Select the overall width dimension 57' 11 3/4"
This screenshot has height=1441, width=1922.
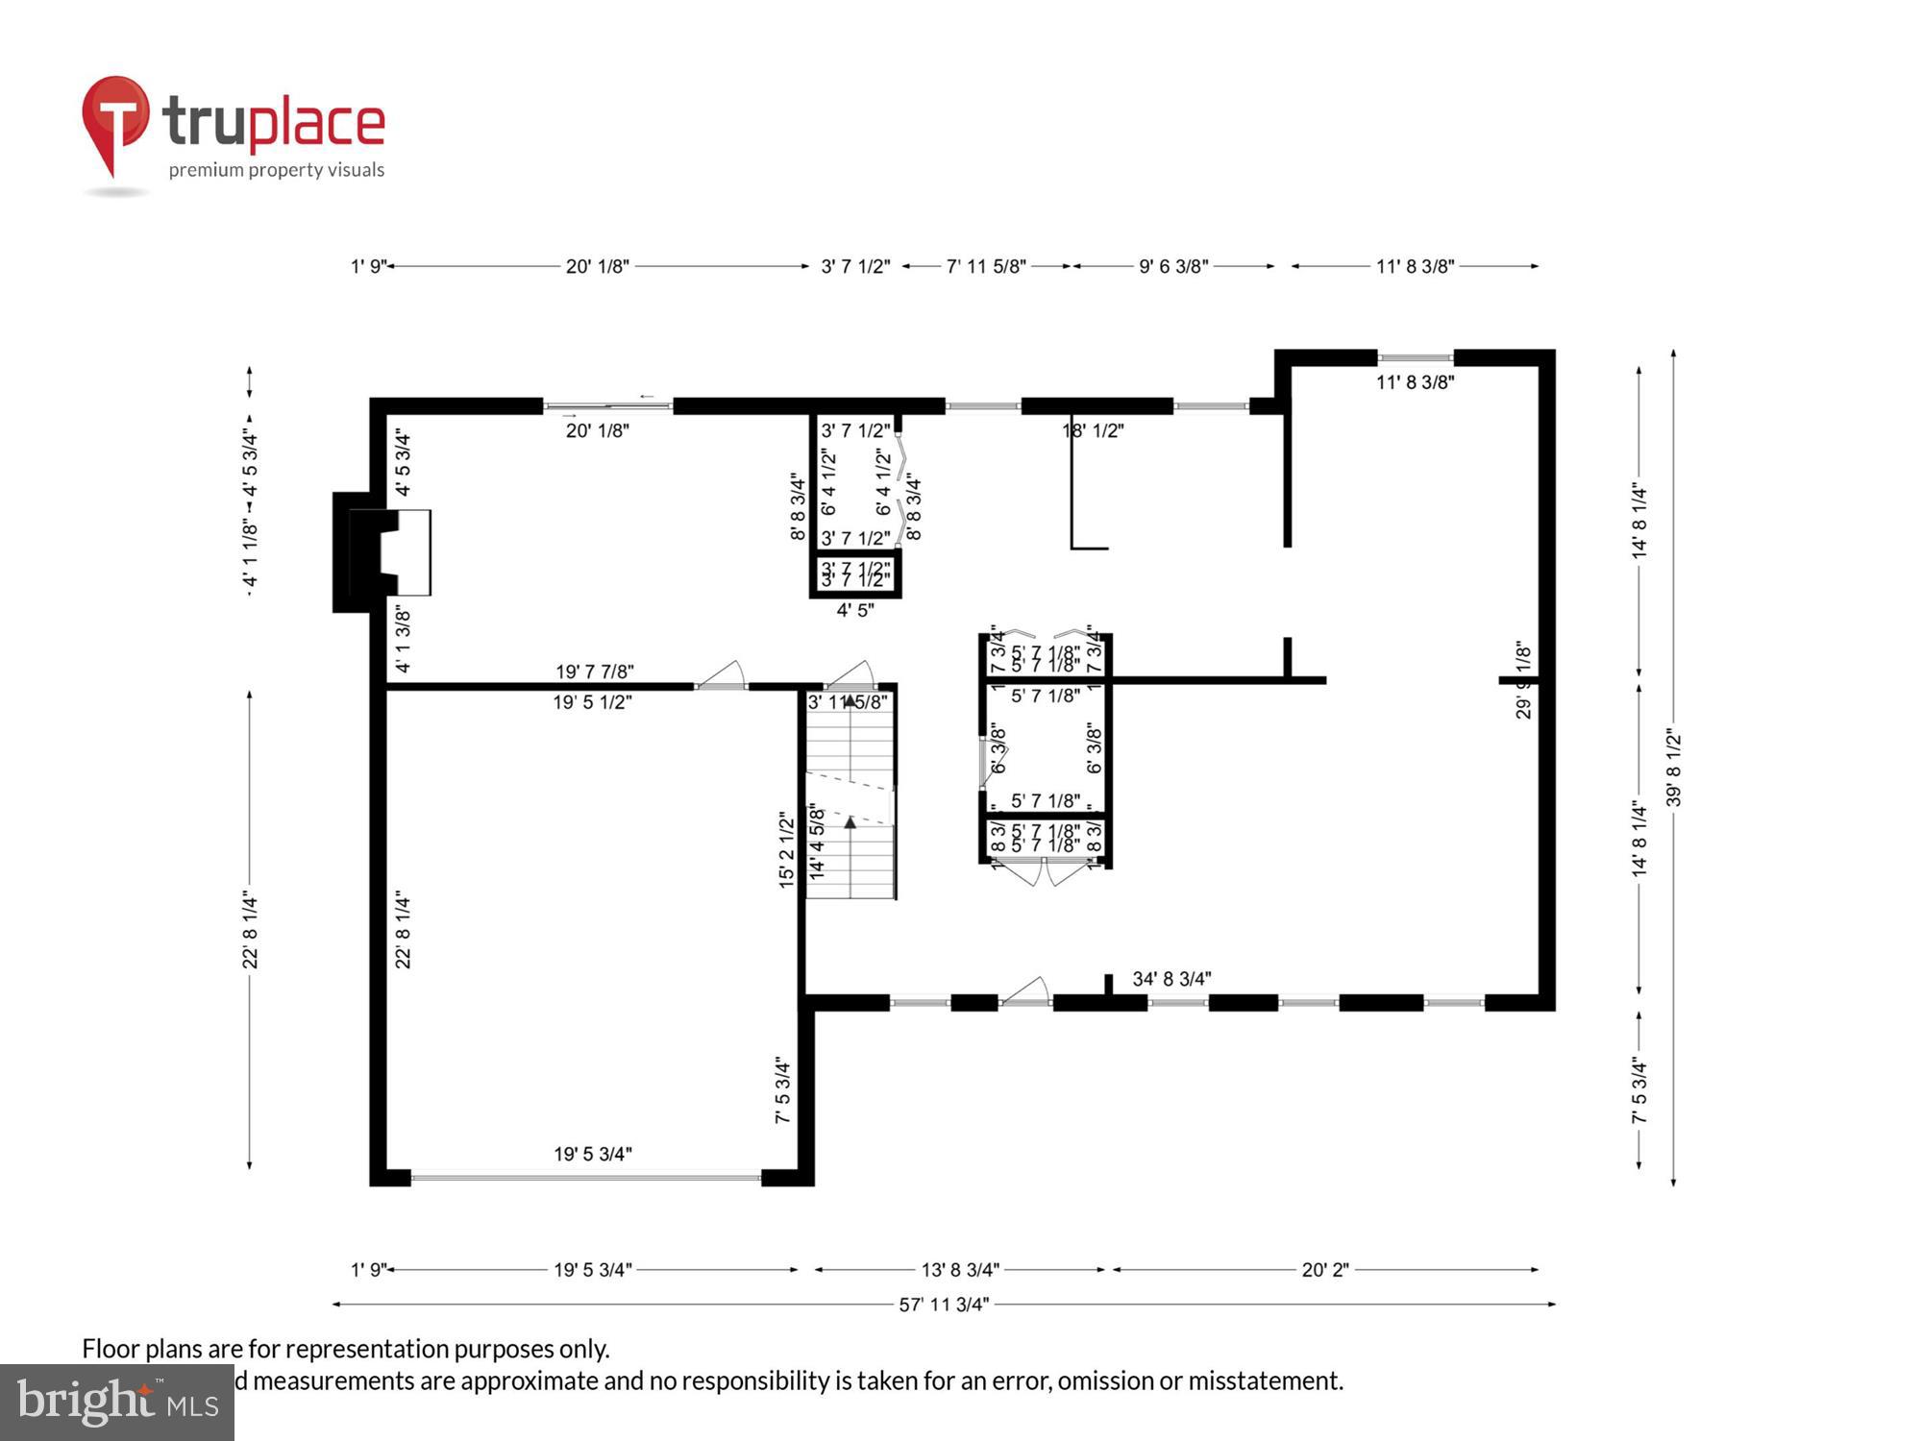pyautogui.click(x=943, y=1305)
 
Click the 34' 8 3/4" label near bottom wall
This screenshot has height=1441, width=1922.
pyautogui.click(x=1170, y=979)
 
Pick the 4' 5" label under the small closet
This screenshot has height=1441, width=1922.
pyautogui.click(x=854, y=610)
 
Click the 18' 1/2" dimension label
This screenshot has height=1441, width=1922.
pyautogui.click(x=1093, y=430)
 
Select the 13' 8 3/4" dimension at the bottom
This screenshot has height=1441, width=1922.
pyautogui.click(x=959, y=1270)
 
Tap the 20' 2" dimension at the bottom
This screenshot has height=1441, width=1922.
pyautogui.click(x=1324, y=1270)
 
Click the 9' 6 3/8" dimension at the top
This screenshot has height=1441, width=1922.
pyautogui.click(x=1172, y=266)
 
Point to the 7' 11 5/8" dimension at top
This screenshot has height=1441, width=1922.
pyautogui.click(x=986, y=266)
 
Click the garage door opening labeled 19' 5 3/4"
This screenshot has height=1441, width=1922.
pyautogui.click(x=586, y=1176)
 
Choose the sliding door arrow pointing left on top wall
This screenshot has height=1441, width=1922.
pyautogui.click(x=647, y=396)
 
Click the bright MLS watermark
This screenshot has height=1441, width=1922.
pyautogui.click(x=117, y=1404)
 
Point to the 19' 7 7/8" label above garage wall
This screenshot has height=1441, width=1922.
pyautogui.click(x=594, y=671)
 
